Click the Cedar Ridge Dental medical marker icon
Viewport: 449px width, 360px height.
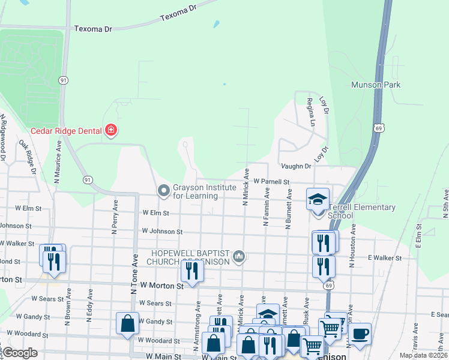110,130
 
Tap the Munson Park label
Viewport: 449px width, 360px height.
376,85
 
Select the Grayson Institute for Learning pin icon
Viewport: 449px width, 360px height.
163,191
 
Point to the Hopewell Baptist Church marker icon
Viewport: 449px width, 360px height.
239,257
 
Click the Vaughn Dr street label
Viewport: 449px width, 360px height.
295,166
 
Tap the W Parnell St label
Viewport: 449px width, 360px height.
271,181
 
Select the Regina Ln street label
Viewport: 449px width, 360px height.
311,112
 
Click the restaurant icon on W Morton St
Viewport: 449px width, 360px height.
191,270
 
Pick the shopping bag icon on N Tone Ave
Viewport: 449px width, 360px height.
128,323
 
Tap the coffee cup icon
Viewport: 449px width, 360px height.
360,334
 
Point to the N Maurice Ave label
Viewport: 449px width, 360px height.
58,162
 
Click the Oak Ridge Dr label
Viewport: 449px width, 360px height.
28,158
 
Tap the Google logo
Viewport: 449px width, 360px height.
20,353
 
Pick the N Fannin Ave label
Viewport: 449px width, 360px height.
267,206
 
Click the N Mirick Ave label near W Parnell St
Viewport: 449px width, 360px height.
246,187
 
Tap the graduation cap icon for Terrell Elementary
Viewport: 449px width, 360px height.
318,199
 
